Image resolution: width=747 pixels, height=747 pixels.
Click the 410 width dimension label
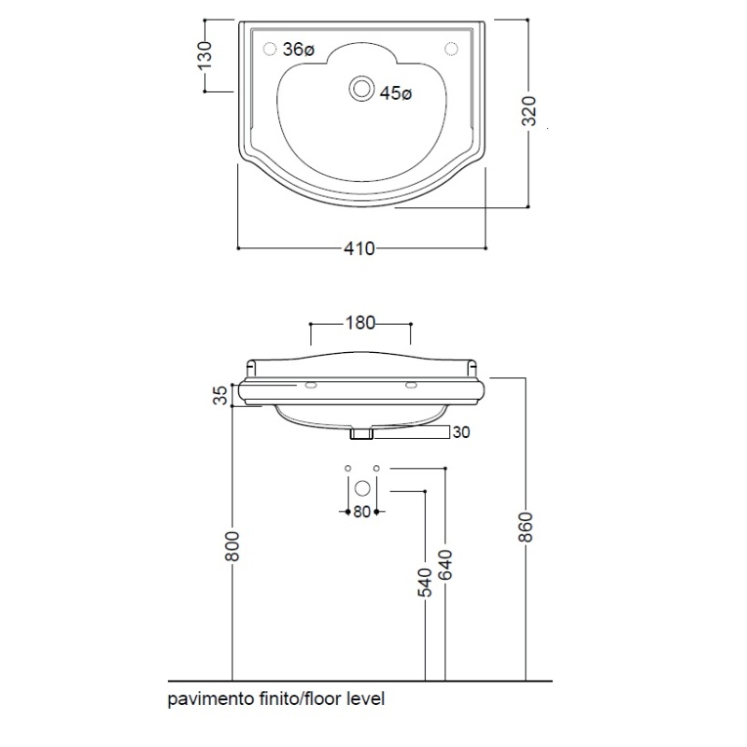359,248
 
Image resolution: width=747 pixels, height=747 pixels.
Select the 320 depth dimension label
529,113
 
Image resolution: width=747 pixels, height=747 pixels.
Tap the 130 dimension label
206,55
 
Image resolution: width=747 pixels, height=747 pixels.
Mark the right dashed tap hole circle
451,49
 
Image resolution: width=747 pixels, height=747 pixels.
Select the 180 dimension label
359,324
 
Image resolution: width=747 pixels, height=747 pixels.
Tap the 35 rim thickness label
221,396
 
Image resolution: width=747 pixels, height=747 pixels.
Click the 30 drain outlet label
460,432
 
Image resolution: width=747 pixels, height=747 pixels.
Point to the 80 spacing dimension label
360,512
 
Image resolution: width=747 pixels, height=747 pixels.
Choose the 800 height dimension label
233,545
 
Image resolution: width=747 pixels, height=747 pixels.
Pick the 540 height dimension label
426,582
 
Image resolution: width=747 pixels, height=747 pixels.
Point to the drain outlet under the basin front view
360,433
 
